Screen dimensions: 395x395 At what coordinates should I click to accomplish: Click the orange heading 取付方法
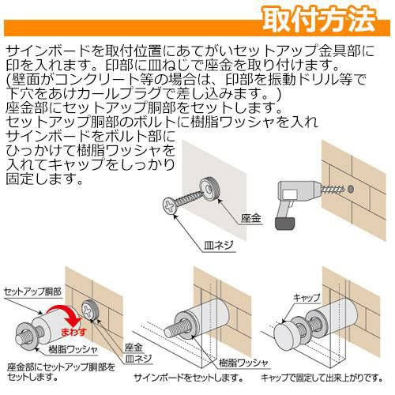coord(319,20)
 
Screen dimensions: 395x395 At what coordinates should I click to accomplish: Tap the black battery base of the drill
coord(285,224)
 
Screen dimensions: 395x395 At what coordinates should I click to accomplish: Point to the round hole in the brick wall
coord(351,189)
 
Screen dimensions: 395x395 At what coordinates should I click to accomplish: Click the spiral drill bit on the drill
coord(332,190)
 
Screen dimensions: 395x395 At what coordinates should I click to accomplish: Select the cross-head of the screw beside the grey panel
coord(169,205)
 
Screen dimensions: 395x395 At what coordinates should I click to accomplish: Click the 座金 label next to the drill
coord(250,218)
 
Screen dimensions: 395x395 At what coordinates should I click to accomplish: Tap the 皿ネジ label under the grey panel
coord(219,246)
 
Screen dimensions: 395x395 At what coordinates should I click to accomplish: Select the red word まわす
coord(73,332)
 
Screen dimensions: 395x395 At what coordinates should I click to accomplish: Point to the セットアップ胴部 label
coord(32,292)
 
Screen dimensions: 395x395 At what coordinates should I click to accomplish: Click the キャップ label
coord(306,298)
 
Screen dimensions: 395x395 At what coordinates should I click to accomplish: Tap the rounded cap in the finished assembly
coord(285,334)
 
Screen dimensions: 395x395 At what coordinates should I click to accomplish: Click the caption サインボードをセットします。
coord(188,378)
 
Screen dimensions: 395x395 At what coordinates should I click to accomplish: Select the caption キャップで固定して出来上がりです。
coord(322,378)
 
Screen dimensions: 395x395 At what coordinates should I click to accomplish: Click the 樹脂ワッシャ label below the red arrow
coord(73,350)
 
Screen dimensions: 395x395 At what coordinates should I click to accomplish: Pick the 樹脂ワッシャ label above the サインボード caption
coord(243,363)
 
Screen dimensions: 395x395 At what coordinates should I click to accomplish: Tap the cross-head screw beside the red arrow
coord(89,310)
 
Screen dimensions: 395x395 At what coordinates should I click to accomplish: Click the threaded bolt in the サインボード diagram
coord(175,328)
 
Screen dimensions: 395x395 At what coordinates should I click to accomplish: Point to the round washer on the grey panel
coord(209,189)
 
